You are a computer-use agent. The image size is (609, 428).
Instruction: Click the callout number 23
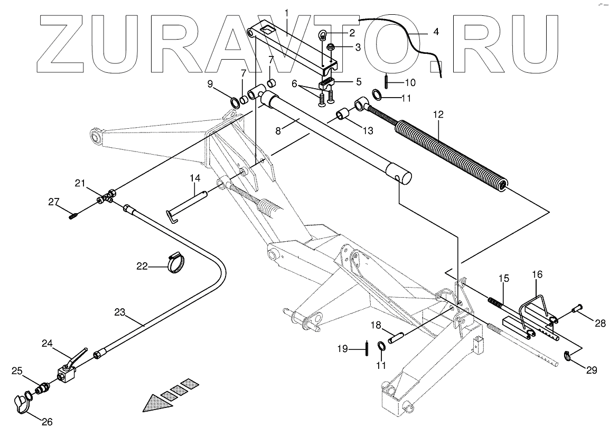click(x=120, y=312)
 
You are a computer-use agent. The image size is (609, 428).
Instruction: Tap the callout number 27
click(x=53, y=201)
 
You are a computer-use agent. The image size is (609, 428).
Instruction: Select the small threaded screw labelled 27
click(x=74, y=215)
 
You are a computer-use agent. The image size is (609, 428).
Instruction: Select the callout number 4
click(x=436, y=32)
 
